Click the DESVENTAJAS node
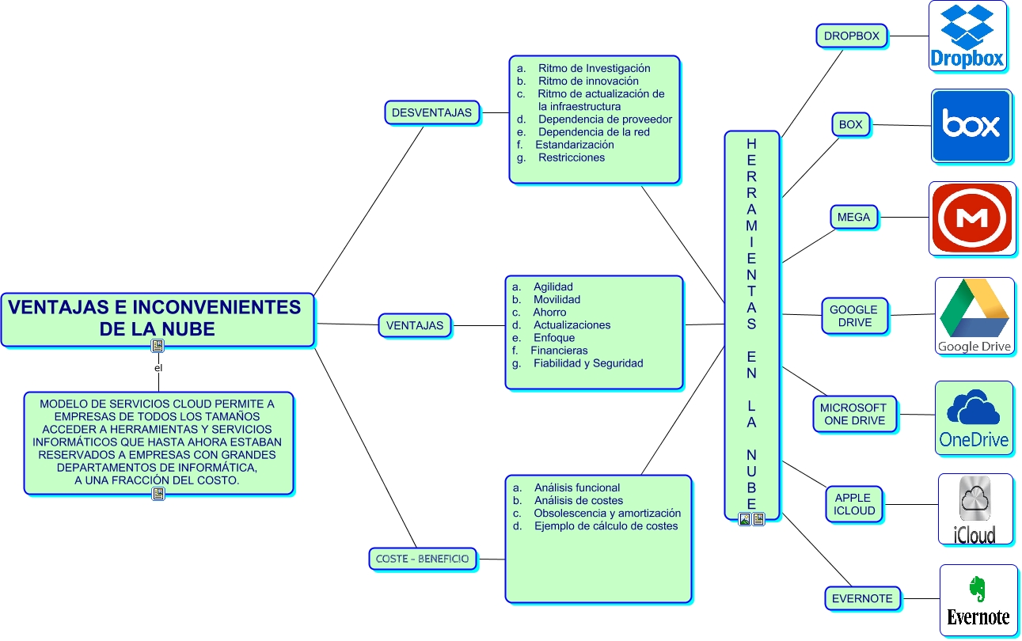[431, 112]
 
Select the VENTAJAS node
[414, 324]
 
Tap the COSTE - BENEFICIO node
[423, 559]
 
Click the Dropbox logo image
[967, 36]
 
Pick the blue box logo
[971, 126]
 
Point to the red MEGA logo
[971, 218]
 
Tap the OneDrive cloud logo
[974, 419]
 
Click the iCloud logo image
[975, 510]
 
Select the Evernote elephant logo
[978, 601]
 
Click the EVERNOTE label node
[862, 598]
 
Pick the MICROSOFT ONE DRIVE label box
[855, 414]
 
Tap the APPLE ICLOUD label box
[854, 504]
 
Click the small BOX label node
[851, 124]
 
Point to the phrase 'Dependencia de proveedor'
[605, 119]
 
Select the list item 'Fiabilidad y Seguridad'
[587, 363]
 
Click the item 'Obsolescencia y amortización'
[607, 513]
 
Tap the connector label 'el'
[158, 368]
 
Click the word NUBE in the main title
[188, 328]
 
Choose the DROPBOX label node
[851, 36]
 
